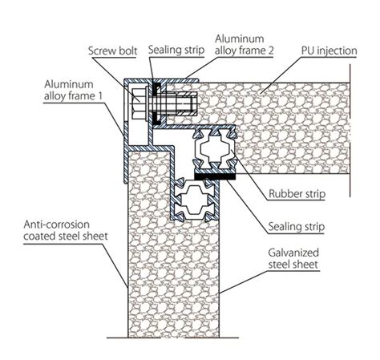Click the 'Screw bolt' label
click(x=112, y=51)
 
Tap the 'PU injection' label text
click(x=329, y=51)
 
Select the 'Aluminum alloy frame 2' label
click(x=245, y=45)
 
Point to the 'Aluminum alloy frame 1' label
click(x=73, y=90)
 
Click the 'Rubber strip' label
click(x=297, y=194)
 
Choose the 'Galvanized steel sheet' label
click(x=293, y=258)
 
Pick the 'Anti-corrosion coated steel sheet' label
click(x=66, y=230)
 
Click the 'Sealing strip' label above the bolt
click(x=176, y=50)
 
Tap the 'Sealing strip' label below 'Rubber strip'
click(x=296, y=227)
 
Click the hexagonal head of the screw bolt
click(x=139, y=103)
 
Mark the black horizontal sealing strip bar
click(x=215, y=176)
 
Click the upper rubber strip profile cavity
click(x=215, y=148)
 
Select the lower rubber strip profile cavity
click(x=195, y=200)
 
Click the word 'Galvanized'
click(x=293, y=253)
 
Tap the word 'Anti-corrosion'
click(x=56, y=224)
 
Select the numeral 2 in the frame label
click(x=271, y=51)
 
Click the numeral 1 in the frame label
click(x=100, y=96)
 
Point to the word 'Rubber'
click(x=284, y=193)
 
